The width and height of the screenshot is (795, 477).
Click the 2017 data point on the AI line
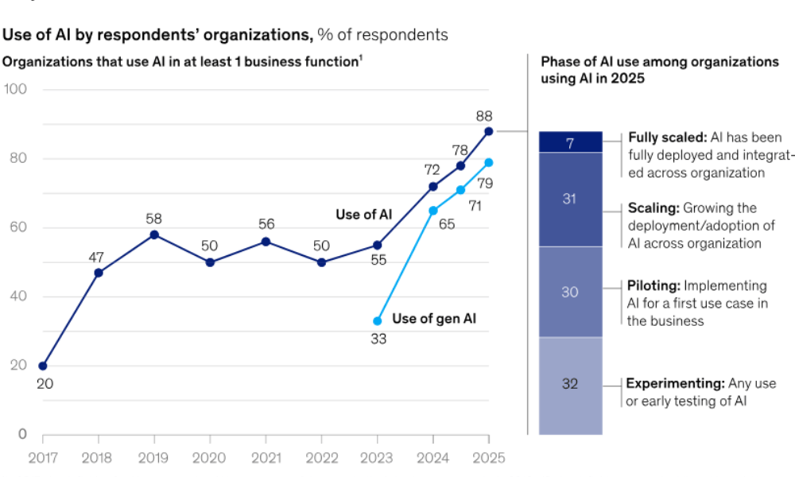point(43,366)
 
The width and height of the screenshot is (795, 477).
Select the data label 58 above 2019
point(154,218)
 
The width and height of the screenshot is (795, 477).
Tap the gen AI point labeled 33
point(377,320)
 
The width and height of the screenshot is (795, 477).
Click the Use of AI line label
point(363,214)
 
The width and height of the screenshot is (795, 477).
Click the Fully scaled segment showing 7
point(569,142)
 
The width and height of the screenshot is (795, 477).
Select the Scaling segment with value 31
point(569,199)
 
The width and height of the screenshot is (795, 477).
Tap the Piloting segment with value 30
point(569,292)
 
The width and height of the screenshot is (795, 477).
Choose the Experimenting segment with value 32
point(569,385)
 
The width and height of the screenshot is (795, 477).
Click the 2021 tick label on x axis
point(266,458)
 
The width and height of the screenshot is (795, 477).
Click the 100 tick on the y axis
point(16,89)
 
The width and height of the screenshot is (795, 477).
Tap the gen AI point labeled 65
point(432,211)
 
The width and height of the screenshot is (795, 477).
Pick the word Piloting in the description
point(652,285)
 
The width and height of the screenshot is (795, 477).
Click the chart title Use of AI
point(157,34)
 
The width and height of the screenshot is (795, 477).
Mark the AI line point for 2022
point(321,262)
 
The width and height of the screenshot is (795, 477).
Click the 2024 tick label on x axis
point(432,458)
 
